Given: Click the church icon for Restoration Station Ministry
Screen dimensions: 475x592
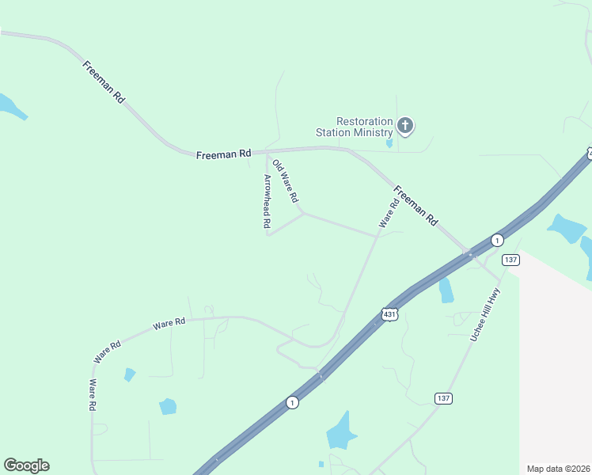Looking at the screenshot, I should click(405, 126).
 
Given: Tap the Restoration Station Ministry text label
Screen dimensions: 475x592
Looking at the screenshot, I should click(354, 127).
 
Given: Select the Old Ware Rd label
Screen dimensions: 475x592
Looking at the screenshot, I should click(285, 180).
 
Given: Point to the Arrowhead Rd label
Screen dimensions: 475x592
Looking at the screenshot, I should click(267, 202).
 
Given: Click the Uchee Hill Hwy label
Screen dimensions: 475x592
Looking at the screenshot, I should click(485, 314).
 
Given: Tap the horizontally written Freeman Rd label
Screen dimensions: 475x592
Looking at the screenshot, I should click(223, 154).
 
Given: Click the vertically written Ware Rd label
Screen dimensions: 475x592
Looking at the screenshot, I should click(93, 394).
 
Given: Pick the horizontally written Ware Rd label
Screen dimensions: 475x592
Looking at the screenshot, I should click(169, 323).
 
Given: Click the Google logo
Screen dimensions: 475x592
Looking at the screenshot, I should click(26, 465).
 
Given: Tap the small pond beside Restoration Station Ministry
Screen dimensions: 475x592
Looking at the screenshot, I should click(389, 144).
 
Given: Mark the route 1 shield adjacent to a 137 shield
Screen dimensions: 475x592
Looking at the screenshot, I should click(496, 239).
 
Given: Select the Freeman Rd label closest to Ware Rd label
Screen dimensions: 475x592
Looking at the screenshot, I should click(416, 207).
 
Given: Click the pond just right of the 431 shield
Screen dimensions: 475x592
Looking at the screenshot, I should click(446, 291).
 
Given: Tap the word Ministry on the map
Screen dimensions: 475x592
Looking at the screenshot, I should click(372, 132).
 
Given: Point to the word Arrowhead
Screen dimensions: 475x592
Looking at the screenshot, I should click(267, 196).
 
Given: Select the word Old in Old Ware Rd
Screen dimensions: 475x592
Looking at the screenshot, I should click(277, 166).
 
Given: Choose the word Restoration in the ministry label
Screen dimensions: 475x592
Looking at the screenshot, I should click(364, 121).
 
